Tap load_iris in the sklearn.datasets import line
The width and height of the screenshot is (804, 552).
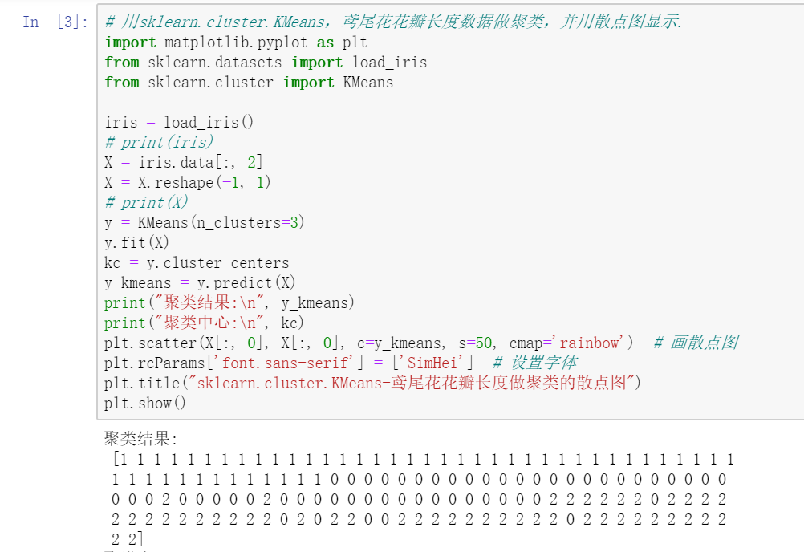(389, 62)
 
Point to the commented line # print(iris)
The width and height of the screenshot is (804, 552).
(159, 142)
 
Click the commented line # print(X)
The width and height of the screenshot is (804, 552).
(146, 202)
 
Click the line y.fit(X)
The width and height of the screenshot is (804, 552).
(137, 242)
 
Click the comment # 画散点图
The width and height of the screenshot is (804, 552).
(696, 343)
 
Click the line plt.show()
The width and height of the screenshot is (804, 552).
(145, 403)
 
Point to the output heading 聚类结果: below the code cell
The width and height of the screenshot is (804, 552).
(141, 439)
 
